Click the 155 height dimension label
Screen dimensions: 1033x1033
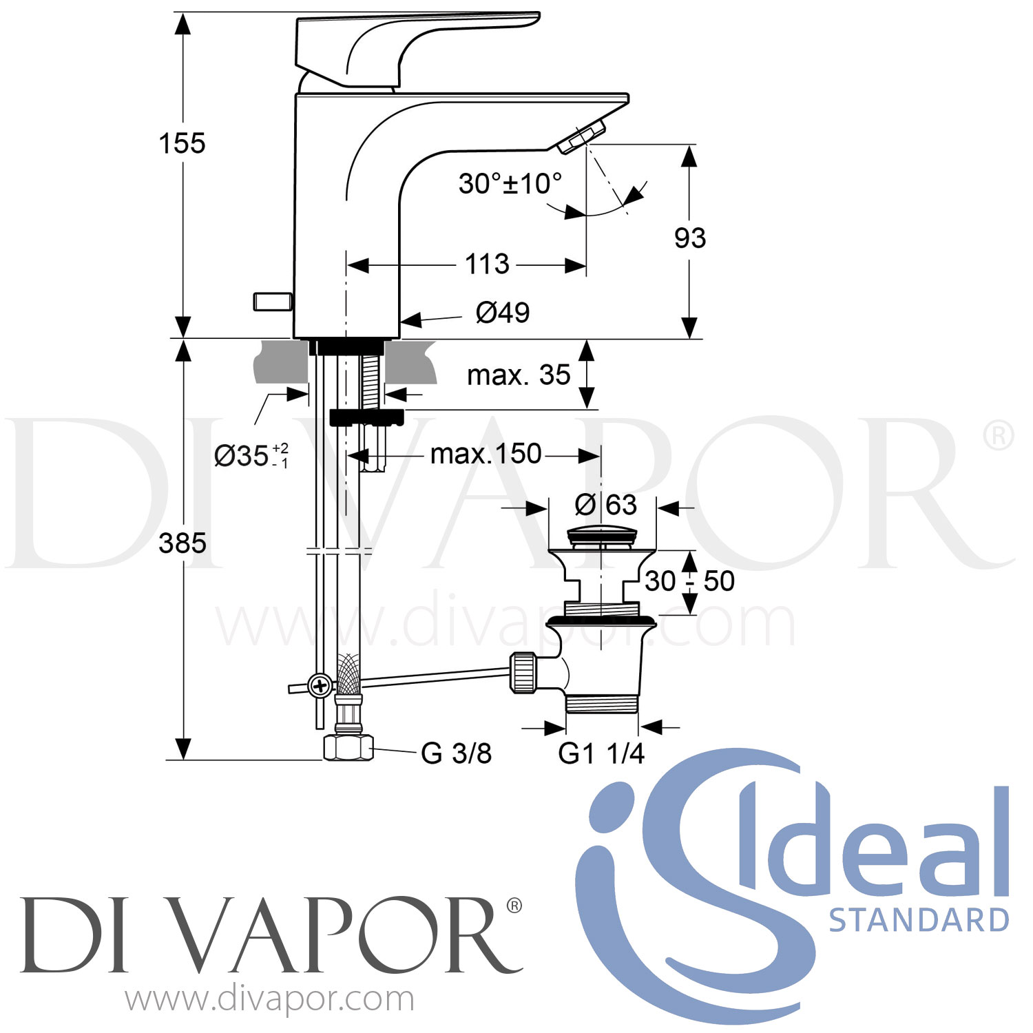pyautogui.click(x=182, y=143)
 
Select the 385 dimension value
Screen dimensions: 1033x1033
pyautogui.click(x=182, y=543)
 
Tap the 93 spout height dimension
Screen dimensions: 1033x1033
pyautogui.click(x=689, y=238)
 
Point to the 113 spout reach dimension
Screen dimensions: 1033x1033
pyautogui.click(x=487, y=264)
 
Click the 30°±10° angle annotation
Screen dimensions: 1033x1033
pyautogui.click(x=510, y=184)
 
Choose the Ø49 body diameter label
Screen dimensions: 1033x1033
pyautogui.click(x=503, y=313)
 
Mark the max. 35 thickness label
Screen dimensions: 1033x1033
pyautogui.click(x=519, y=375)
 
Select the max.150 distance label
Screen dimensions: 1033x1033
pyautogui.click(x=486, y=455)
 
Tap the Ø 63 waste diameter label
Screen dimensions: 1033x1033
pyautogui.click(x=606, y=505)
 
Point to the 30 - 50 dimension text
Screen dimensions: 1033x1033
pyautogui.click(x=689, y=581)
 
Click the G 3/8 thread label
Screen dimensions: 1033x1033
pyautogui.click(x=456, y=753)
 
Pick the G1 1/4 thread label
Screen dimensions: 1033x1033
pyautogui.click(x=601, y=753)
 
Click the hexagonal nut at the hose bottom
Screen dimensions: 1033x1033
pyautogui.click(x=348, y=747)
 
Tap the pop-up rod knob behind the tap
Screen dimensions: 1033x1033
pyautogui.click(x=273, y=301)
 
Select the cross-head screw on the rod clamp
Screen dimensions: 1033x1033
pyautogui.click(x=320, y=686)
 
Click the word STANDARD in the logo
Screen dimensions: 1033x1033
pyautogui.click(x=919, y=921)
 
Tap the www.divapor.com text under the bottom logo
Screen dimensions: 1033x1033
pyautogui.click(x=270, y=999)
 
